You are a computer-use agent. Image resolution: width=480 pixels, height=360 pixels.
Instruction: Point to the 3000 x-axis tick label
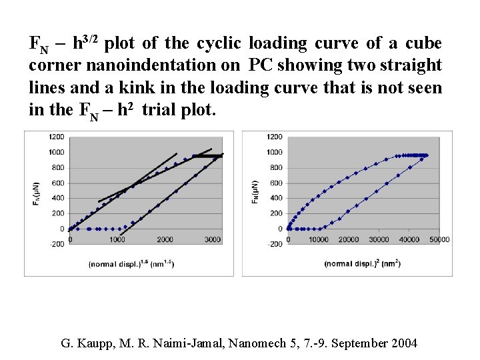(213, 239)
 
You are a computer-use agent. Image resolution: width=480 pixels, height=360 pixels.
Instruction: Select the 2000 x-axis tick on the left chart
(165, 239)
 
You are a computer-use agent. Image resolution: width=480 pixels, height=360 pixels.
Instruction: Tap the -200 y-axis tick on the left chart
(56, 244)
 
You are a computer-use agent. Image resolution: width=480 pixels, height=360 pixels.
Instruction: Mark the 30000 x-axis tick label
(379, 239)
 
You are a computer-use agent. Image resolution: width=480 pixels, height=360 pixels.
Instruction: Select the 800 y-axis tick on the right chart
(274, 167)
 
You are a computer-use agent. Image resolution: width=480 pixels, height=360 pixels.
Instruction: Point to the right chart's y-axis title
(255, 191)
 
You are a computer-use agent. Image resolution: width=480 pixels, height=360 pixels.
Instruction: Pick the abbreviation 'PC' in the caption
(261, 65)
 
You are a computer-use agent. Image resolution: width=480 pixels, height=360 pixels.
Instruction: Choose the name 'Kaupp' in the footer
(98, 343)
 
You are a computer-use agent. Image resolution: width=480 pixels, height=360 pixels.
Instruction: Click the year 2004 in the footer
(403, 343)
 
